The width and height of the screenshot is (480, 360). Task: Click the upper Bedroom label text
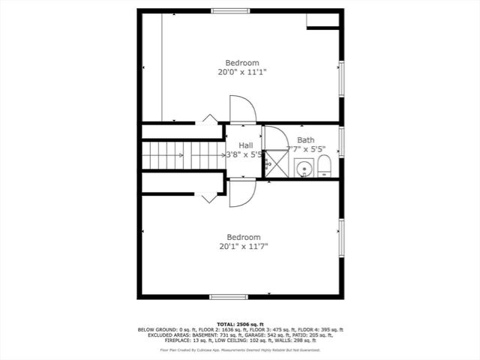click(x=242, y=63)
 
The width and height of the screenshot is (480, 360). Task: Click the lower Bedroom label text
click(x=243, y=235)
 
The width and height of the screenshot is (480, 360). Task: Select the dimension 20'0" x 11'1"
click(x=242, y=73)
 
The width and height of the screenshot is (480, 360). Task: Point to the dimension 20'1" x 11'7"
click(x=243, y=246)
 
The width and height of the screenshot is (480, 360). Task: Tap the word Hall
click(x=245, y=145)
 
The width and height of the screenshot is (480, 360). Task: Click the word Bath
click(x=305, y=140)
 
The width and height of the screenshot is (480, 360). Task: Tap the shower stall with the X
click(x=274, y=163)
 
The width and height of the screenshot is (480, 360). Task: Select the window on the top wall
click(x=229, y=10)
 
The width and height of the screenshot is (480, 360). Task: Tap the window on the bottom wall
click(x=228, y=297)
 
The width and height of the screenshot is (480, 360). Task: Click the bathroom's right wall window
click(x=341, y=142)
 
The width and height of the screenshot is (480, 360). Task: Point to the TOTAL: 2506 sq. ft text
click(x=240, y=324)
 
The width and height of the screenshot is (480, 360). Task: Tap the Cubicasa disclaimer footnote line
click(x=240, y=350)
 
